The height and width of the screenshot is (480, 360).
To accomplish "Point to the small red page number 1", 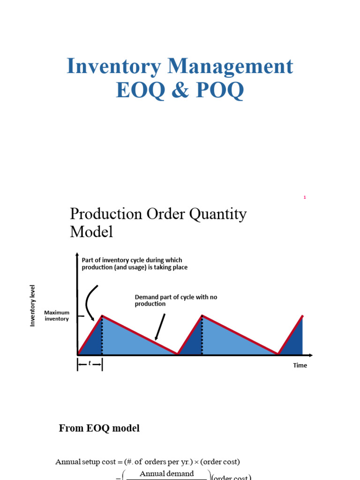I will (x=304, y=198).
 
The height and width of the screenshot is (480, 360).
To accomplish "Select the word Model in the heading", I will (x=91, y=232).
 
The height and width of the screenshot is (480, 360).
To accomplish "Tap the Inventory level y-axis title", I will (x=33, y=305).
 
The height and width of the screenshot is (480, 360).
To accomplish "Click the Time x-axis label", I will (x=300, y=365).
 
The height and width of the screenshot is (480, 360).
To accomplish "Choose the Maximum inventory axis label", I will (x=56, y=315).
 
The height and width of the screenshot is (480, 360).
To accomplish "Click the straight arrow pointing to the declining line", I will (x=161, y=326).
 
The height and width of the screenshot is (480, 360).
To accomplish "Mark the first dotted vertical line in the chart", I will (x=102, y=335).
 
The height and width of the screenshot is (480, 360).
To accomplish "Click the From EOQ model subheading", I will (x=99, y=428).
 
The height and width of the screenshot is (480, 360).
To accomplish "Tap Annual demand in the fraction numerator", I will (x=166, y=473).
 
